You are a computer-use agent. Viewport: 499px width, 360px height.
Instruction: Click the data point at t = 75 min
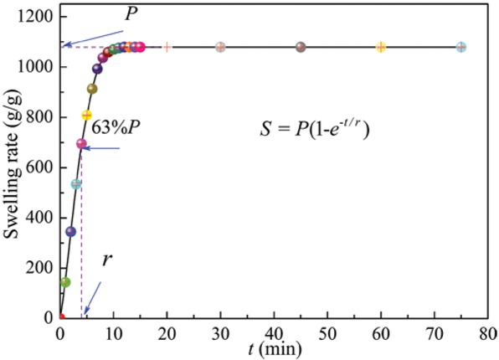pyautogui.click(x=461, y=47)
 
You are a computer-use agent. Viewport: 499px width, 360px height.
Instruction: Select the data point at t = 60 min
pyautogui.click(x=381, y=47)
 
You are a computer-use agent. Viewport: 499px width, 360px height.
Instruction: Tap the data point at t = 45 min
pyautogui.click(x=301, y=47)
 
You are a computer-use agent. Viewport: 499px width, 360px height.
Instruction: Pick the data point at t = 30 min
pyautogui.click(x=220, y=47)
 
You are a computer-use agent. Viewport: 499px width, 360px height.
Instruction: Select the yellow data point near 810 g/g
pyautogui.click(x=86, y=115)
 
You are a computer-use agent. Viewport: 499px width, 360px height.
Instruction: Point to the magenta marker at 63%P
pyautogui.click(x=81, y=144)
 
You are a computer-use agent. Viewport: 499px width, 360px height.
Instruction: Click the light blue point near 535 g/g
pyautogui.click(x=76, y=183)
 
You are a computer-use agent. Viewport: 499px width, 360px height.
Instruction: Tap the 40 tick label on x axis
pyautogui.click(x=274, y=332)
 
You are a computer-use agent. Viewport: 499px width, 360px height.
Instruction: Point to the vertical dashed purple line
pyautogui.click(x=81, y=234)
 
